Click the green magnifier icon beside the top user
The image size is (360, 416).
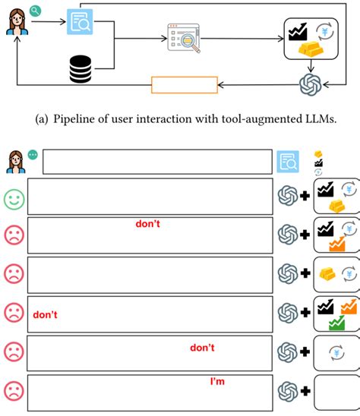(x=35, y=11)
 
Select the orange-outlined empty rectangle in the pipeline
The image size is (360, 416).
(x=185, y=84)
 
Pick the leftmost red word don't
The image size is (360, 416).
(x=45, y=314)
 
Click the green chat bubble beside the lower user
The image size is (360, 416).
(x=33, y=154)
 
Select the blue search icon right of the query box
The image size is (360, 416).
(x=289, y=161)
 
